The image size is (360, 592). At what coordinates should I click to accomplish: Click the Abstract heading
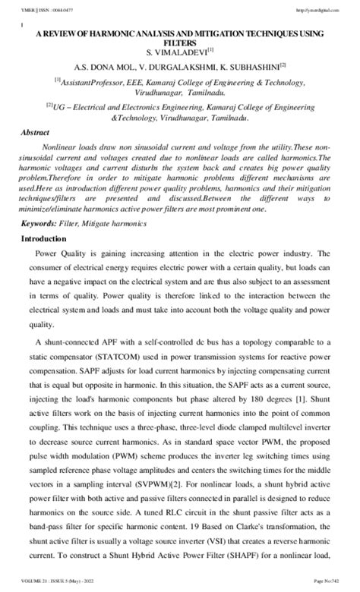(x=36, y=132)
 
